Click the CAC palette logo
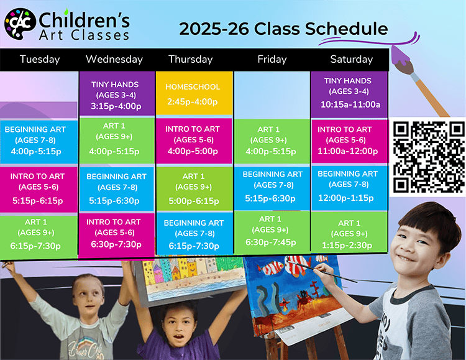click(x=20, y=24)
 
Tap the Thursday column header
click(x=191, y=59)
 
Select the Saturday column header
click(x=351, y=59)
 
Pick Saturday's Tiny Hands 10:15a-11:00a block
click(x=349, y=94)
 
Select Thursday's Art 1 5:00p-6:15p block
click(x=194, y=189)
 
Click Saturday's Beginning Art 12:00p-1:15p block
click(x=349, y=188)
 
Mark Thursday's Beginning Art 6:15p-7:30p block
click(x=194, y=234)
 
